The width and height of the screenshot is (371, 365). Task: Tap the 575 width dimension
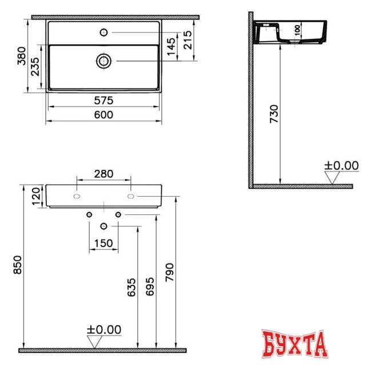coord(103,100)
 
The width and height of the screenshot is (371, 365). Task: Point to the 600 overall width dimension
coord(103,115)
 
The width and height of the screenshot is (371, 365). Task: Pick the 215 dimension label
coord(186,40)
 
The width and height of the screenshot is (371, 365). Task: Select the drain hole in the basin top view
coord(103,60)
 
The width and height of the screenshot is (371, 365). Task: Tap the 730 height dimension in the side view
coord(274,114)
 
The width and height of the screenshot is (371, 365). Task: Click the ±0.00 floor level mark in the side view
coord(341,166)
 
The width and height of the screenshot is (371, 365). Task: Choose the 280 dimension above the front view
coord(103,173)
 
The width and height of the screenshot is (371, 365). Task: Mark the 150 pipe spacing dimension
coord(103,244)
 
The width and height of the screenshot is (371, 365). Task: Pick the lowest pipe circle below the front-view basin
coord(103,227)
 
